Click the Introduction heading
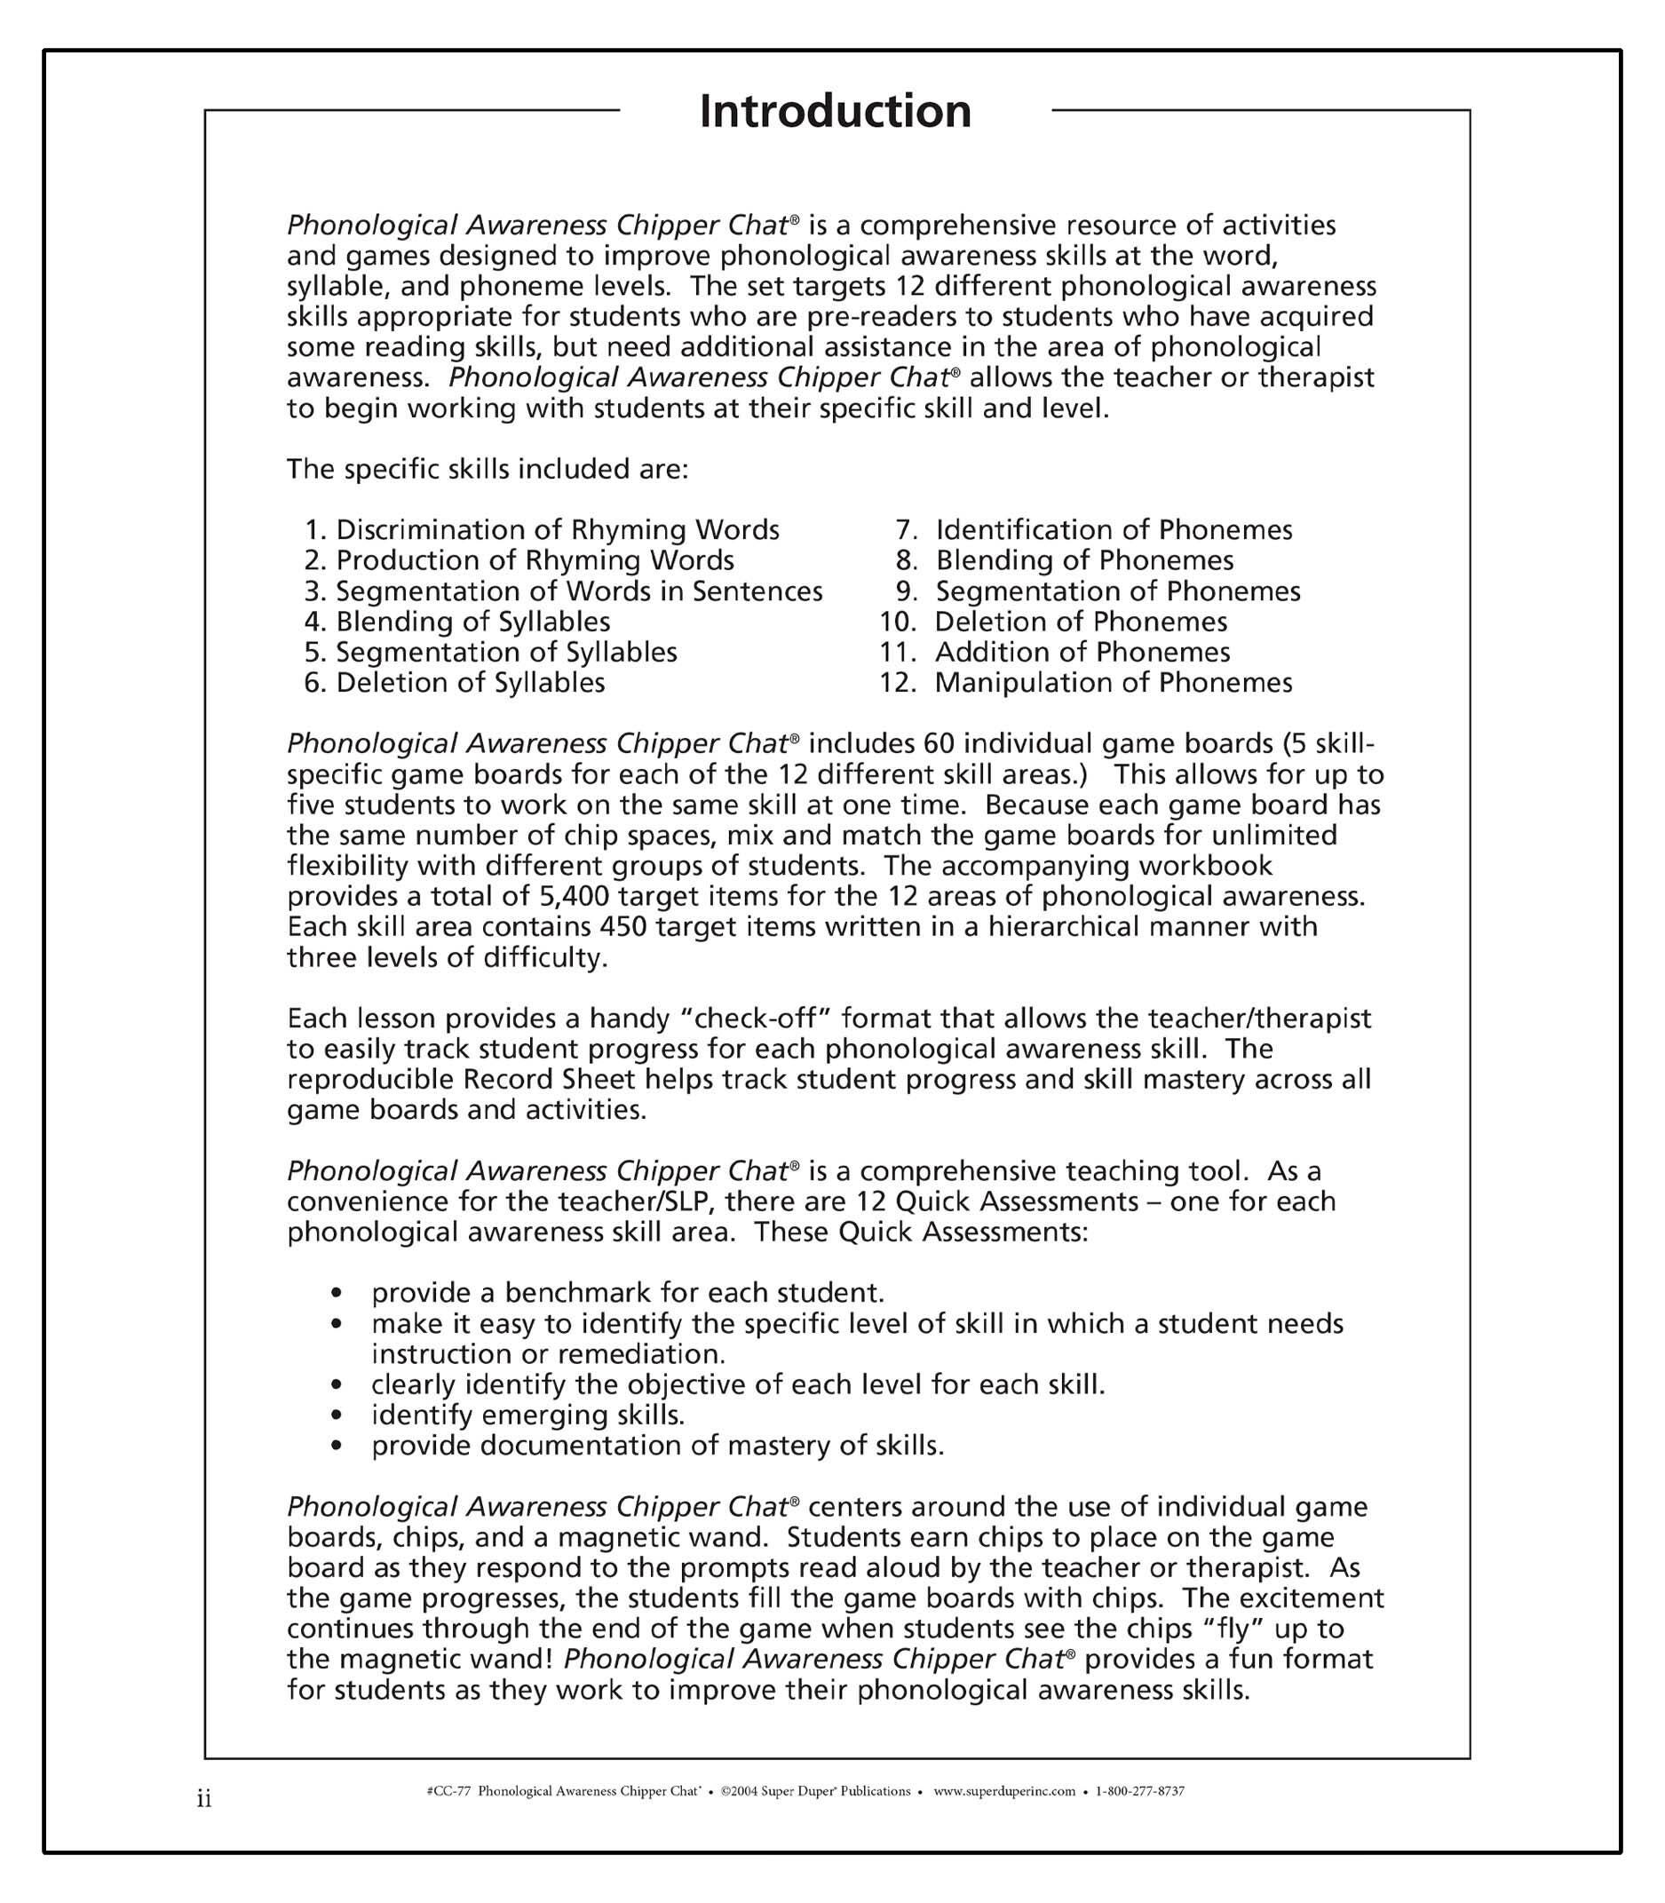click(835, 112)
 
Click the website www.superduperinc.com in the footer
click(1003, 1791)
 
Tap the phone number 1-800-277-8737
click(1140, 1791)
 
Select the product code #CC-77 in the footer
click(448, 1791)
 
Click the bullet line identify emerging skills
click(527, 1415)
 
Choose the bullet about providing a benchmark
click(627, 1294)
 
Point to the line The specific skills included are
click(487, 469)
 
